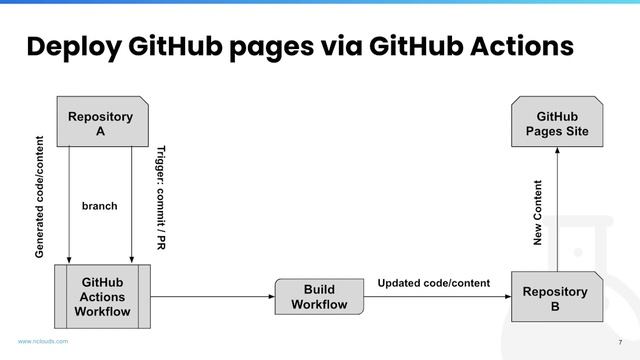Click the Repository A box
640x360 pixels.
point(100,122)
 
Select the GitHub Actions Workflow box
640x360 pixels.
point(102,297)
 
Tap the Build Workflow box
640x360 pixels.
point(319,297)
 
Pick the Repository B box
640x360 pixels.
point(555,297)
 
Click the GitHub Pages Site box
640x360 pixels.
point(556,122)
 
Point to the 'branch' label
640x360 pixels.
point(99,206)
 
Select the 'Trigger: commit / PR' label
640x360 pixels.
point(160,197)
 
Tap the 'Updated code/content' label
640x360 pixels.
point(433,283)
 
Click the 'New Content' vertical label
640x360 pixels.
point(538,213)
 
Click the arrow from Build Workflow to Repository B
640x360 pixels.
point(435,297)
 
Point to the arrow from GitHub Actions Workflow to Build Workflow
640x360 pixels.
point(212,297)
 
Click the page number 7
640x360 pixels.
point(620,340)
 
